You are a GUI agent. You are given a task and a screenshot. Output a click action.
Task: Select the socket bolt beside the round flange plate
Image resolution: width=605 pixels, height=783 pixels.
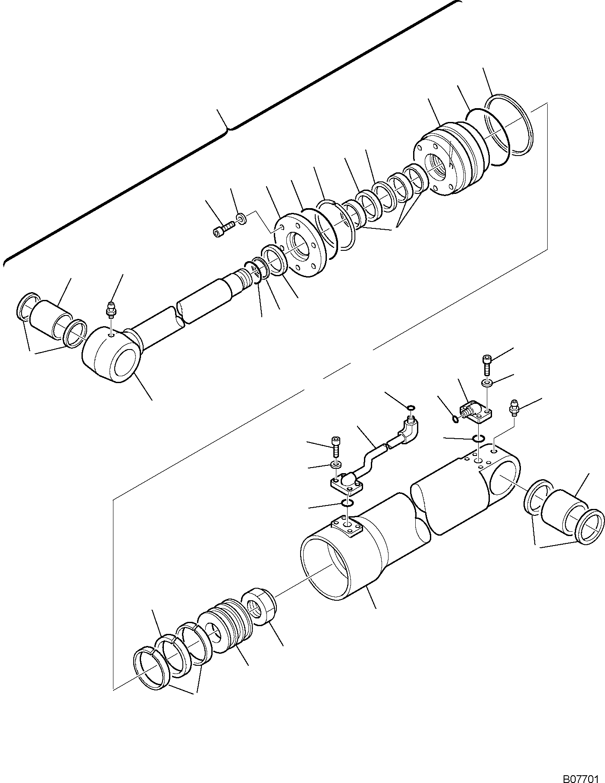(x=223, y=228)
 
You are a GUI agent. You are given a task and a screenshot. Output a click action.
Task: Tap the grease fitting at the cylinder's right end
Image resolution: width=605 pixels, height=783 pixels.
(x=514, y=407)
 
